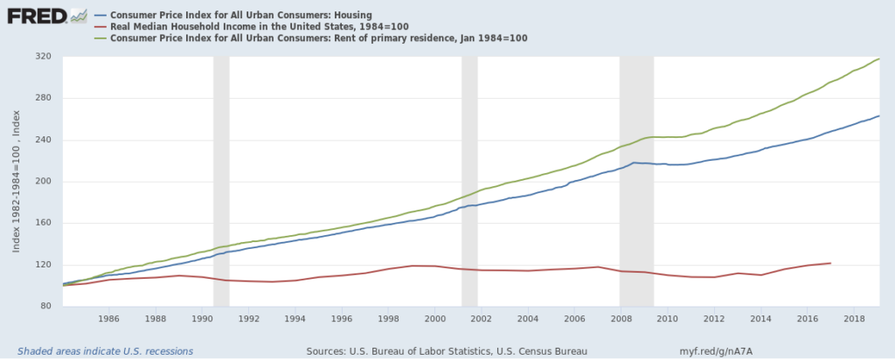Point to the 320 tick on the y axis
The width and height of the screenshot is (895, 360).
tap(43, 57)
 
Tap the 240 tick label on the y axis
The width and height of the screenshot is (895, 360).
tap(43, 140)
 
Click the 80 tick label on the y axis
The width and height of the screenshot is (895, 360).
tap(45, 307)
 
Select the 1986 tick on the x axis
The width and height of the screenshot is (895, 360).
tap(108, 320)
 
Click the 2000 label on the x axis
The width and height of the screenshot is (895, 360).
tap(434, 320)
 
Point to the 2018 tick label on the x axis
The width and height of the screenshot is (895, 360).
tap(854, 320)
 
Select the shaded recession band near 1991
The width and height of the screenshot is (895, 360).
tap(221, 181)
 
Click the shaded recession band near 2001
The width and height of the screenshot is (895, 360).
tap(469, 181)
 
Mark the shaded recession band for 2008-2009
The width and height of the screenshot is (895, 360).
tap(636, 181)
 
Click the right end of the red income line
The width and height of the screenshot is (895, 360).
tap(829, 263)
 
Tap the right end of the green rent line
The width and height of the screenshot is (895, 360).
tap(878, 59)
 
